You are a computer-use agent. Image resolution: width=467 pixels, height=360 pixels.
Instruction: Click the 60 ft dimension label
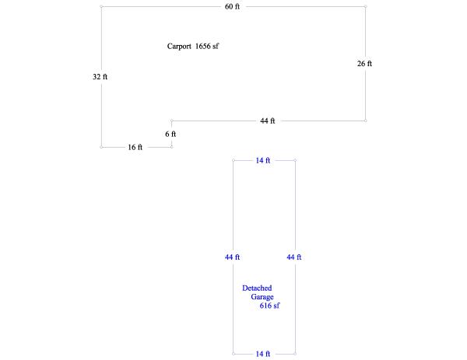[x=232, y=6]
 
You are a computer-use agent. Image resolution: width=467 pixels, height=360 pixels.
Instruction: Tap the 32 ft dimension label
[x=100, y=77]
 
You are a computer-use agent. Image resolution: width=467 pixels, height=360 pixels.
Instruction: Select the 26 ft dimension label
[x=364, y=64]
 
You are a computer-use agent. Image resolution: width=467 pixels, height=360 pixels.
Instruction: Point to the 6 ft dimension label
[x=170, y=134]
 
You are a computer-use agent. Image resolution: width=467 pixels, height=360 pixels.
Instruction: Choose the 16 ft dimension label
[x=135, y=147]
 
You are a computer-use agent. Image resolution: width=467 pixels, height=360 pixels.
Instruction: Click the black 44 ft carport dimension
[x=268, y=121]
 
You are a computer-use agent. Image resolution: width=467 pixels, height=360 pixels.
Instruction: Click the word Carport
[x=179, y=47]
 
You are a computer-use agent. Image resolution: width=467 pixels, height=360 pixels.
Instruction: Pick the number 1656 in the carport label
[x=203, y=46]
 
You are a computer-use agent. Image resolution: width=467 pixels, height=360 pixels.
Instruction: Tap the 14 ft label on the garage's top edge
[x=263, y=160]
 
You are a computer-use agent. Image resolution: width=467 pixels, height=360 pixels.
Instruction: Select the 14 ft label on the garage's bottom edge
[x=263, y=354]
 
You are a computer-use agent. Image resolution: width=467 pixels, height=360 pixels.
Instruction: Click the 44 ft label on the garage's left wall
[x=232, y=257]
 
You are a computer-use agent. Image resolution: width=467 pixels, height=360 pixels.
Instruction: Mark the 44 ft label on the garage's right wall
[x=294, y=257]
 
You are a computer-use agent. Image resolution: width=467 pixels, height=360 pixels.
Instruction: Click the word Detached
[x=257, y=288]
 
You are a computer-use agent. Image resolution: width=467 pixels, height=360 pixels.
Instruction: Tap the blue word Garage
[x=262, y=297]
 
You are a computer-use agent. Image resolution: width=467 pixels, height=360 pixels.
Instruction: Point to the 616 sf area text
[x=269, y=306]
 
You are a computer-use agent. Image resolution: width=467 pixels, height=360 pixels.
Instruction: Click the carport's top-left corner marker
[x=101, y=6]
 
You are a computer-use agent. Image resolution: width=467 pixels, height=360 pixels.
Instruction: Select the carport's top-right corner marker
[x=366, y=6]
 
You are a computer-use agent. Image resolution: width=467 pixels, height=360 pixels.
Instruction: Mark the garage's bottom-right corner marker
[x=295, y=354]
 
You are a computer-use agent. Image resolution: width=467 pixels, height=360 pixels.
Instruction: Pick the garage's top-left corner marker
[x=233, y=160]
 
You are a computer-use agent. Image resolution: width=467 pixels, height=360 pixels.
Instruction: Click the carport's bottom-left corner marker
[x=101, y=147]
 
